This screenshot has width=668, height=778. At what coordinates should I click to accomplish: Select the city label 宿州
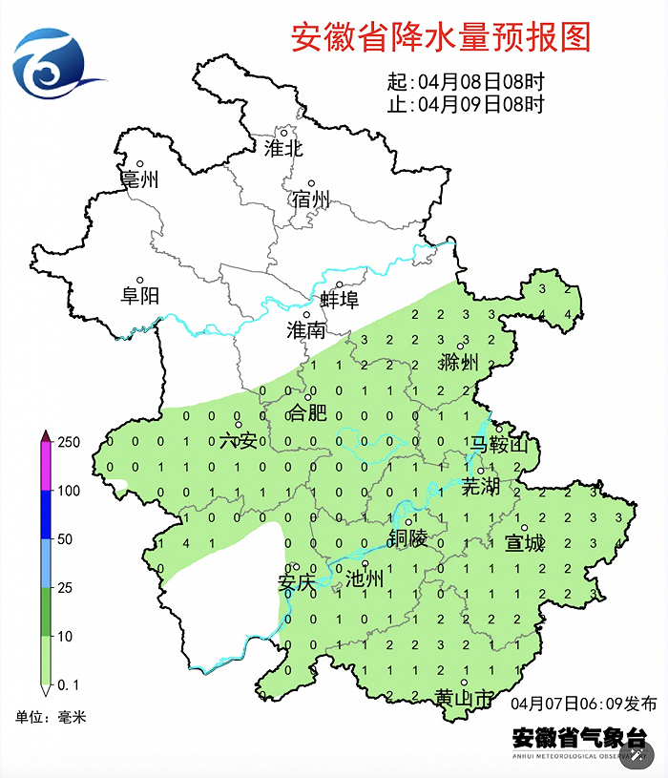tap(311, 200)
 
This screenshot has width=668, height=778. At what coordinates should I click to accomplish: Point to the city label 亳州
tap(139, 179)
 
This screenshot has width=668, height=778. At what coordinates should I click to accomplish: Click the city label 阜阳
tap(139, 295)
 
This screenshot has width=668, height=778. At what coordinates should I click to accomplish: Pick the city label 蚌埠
tap(339, 300)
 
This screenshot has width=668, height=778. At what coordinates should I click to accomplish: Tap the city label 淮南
tap(306, 330)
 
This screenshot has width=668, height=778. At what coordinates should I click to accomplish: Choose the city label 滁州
tap(459, 362)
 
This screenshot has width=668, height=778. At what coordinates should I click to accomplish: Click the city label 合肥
tap(307, 413)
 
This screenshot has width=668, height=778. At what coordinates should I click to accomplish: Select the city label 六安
tap(239, 440)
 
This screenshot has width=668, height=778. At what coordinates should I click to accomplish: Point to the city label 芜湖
tap(480, 487)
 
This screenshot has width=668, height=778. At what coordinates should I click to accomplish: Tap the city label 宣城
tap(524, 543)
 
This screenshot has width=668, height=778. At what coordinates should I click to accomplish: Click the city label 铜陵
tap(407, 538)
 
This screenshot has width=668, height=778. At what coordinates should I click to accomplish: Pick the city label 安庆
tap(296, 582)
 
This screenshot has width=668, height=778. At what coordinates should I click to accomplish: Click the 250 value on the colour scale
tap(70, 442)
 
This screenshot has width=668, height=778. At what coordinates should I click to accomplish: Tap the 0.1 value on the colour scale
tap(68, 685)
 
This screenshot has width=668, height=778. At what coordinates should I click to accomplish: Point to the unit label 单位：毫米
tap(51, 716)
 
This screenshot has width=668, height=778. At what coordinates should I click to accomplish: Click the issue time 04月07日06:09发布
tap(583, 704)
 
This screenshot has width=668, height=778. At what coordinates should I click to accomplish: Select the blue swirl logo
tap(52, 65)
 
